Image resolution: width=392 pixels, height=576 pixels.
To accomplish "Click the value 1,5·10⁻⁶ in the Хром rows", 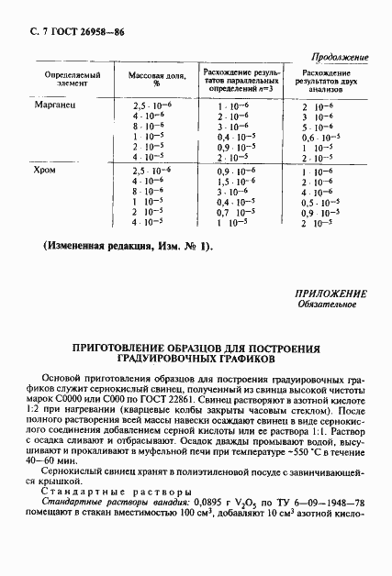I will tap(233, 183).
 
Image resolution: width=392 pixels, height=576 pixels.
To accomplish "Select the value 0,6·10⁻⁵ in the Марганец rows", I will tap(321, 138).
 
